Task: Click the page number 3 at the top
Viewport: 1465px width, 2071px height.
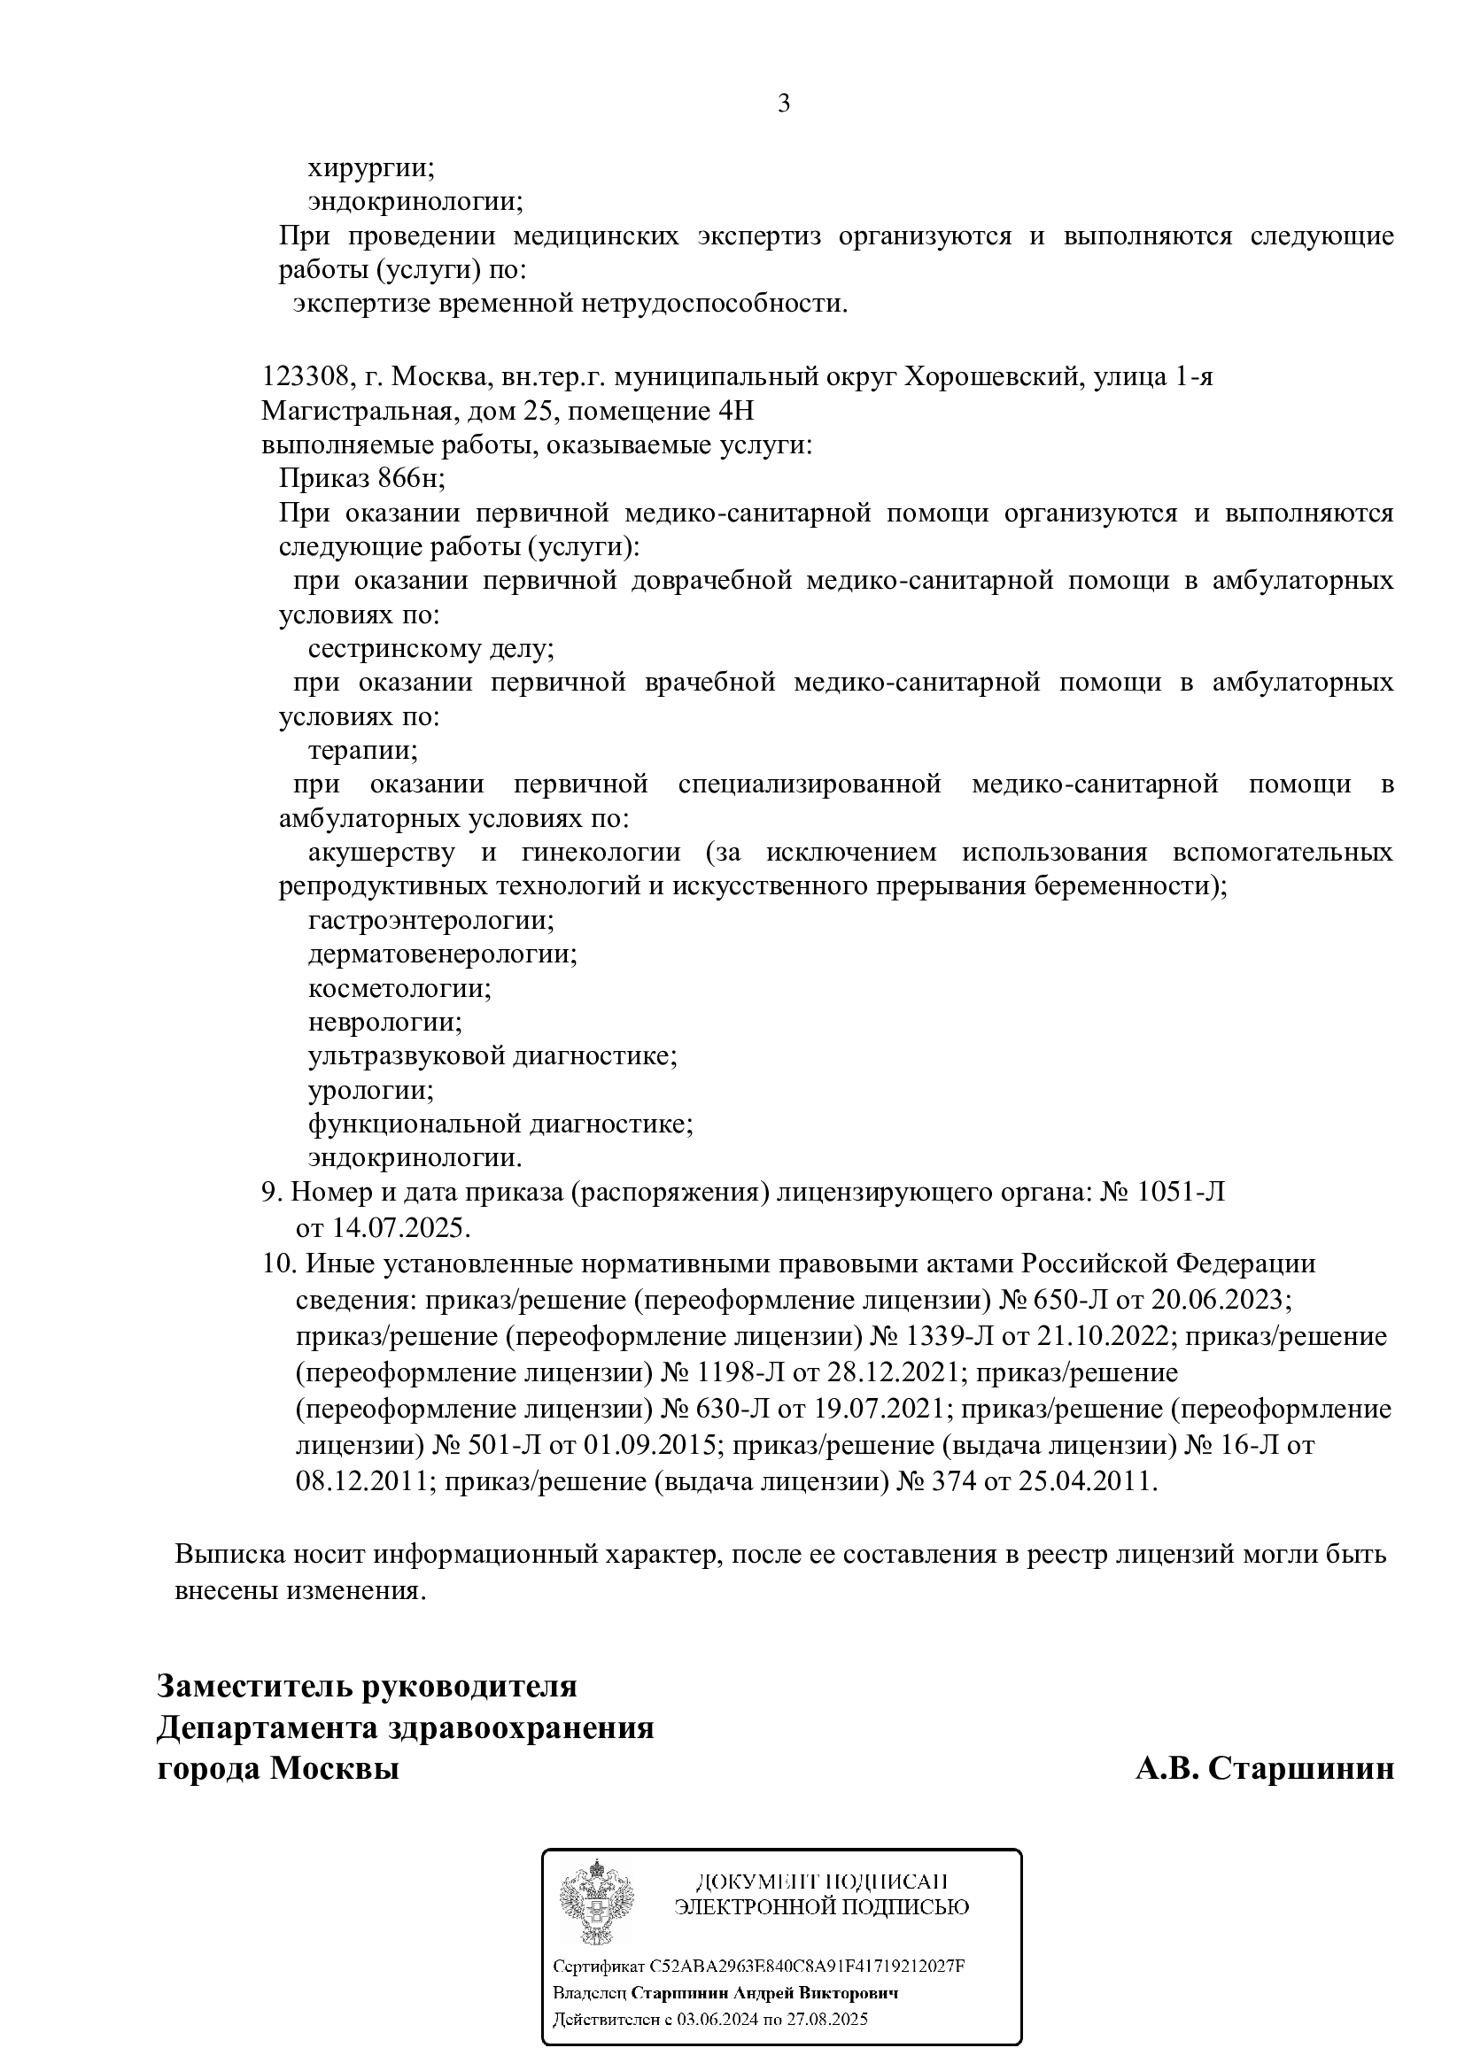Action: [x=783, y=104]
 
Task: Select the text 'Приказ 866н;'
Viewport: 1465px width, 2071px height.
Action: [x=361, y=478]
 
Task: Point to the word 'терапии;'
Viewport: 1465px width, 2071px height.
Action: [x=362, y=751]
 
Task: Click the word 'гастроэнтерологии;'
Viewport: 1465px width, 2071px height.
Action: [x=430, y=921]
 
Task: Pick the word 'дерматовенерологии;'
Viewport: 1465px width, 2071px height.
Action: [x=442, y=954]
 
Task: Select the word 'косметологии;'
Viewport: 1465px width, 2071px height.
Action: [x=399, y=989]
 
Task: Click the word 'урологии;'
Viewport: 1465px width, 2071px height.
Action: [x=371, y=1091]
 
